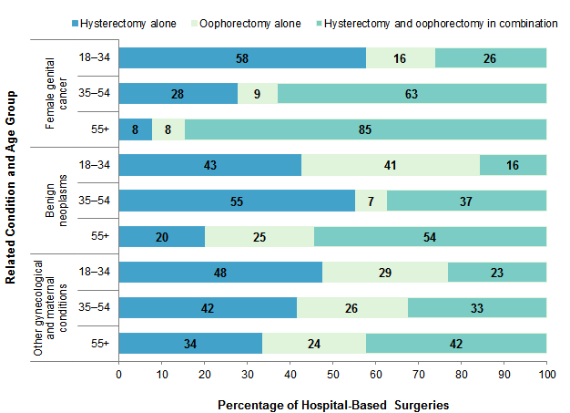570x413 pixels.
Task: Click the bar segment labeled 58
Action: click(242, 58)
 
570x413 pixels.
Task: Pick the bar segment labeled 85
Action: click(365, 129)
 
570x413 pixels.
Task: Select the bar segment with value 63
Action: click(412, 94)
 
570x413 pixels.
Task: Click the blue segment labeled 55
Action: click(237, 201)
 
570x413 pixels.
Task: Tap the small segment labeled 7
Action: click(371, 201)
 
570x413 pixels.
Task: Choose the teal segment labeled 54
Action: click(430, 236)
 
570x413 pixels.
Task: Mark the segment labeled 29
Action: click(384, 272)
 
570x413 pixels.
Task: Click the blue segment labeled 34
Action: click(191, 343)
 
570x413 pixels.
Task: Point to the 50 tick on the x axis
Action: click(333, 374)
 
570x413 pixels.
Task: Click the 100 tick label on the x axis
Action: click(546, 374)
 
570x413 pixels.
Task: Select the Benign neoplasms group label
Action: click(57, 201)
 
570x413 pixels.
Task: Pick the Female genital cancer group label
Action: click(57, 94)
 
